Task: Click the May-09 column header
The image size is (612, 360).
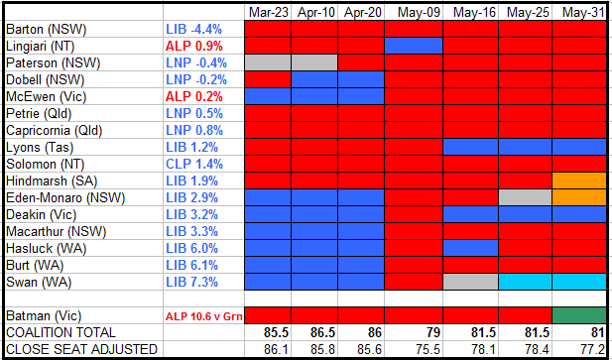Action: (419, 13)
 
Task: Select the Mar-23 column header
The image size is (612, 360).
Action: (269, 13)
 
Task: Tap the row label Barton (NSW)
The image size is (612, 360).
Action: (47, 29)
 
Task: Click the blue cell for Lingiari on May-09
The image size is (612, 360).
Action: (414, 46)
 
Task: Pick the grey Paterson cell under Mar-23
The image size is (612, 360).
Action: (268, 62)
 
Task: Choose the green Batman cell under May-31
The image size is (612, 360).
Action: (579, 315)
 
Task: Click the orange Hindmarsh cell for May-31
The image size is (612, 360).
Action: (579, 180)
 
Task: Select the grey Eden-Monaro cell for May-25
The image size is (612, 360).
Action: (526, 197)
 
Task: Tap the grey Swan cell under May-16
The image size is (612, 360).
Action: (471, 282)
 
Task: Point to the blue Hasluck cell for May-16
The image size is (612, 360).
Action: (471, 248)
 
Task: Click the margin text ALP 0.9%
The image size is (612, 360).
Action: (194, 46)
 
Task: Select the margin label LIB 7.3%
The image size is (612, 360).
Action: (191, 282)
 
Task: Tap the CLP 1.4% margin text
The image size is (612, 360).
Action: (194, 164)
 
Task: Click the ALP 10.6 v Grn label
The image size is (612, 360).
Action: (203, 316)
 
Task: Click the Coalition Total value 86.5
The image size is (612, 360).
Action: (322, 332)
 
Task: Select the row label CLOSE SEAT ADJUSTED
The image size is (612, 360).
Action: (81, 349)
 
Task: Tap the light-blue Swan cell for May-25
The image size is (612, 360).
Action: (526, 282)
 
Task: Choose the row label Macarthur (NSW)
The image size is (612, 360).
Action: (56, 231)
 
